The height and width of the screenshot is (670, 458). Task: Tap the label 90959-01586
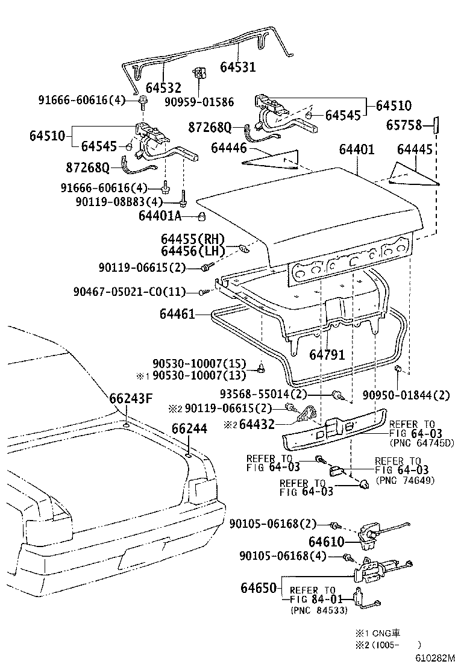199,102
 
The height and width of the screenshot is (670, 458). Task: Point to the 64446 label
230,148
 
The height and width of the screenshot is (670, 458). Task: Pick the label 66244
189,428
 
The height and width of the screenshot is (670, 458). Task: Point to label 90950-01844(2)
406,395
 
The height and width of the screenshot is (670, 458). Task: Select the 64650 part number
259,587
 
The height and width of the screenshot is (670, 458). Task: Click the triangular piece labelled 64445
413,174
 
